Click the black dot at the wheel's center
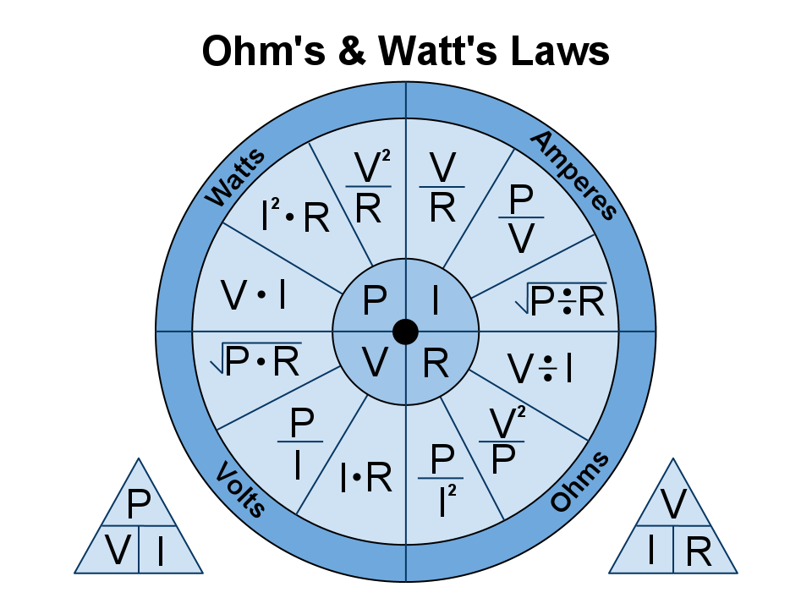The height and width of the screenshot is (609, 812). tap(406, 332)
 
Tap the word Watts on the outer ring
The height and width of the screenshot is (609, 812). tap(236, 178)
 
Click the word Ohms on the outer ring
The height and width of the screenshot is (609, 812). tap(579, 482)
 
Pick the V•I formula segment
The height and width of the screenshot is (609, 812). tap(253, 295)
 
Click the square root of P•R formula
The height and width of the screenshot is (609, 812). tap(256, 361)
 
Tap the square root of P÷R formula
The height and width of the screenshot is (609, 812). tap(561, 300)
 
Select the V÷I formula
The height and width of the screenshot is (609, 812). tap(540, 369)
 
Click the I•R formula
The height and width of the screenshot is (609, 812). tap(365, 479)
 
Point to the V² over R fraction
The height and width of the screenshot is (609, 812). tap(369, 188)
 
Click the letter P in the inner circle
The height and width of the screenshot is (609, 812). tap(375, 301)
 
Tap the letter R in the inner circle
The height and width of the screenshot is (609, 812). tap(435, 364)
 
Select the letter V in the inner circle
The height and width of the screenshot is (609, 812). tap(376, 364)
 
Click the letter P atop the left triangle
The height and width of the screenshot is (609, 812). tap(138, 505)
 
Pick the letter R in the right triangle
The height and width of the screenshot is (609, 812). tap(699, 551)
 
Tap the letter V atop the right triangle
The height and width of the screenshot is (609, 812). tap(673, 504)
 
